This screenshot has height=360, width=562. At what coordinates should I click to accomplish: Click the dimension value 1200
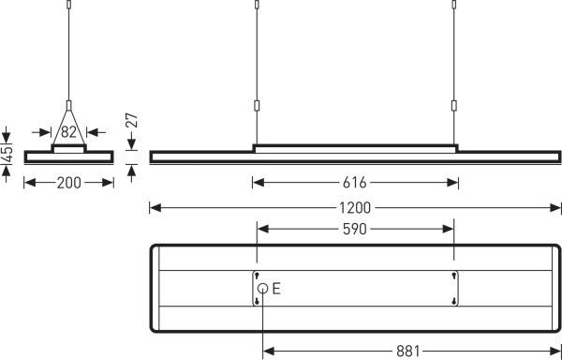(356, 207)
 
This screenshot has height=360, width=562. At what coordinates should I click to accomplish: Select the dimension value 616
(356, 183)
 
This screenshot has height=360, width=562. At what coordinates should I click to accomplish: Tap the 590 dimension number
(356, 229)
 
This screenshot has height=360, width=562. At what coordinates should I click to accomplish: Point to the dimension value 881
(407, 352)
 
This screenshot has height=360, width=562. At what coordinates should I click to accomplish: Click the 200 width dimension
(68, 183)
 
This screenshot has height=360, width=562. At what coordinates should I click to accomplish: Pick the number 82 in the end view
(68, 131)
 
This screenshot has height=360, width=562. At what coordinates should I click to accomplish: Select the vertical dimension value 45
(7, 154)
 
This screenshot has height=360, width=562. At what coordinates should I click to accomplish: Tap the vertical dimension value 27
(131, 120)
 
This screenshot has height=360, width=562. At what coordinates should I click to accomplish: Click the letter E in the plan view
(276, 289)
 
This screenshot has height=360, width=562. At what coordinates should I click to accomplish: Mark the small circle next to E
(263, 289)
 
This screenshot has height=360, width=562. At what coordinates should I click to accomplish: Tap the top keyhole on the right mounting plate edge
(454, 276)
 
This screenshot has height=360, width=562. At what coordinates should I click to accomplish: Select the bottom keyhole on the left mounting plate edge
(256, 301)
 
